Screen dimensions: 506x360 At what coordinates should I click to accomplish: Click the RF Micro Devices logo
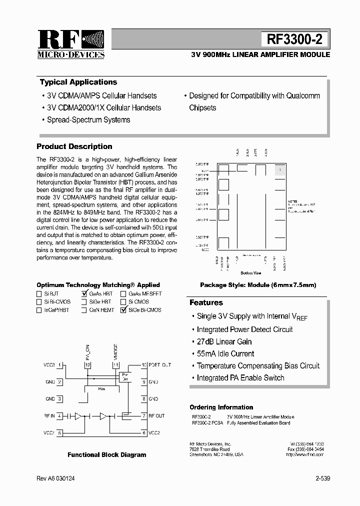pos(70,44)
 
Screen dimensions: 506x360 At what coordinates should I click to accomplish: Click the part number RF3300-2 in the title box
pos(294,39)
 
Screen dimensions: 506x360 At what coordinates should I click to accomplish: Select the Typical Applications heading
pos(78,82)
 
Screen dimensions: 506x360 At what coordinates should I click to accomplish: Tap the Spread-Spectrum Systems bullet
pos(88,120)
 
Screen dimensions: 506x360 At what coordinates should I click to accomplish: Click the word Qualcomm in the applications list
pos(303,95)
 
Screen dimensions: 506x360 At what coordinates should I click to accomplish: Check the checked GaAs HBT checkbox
pos(84,294)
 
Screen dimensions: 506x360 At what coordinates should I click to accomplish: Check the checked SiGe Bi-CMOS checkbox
pos(123,310)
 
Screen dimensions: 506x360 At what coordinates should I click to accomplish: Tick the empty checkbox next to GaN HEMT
pos(84,310)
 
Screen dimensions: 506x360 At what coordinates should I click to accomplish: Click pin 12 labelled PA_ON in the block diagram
pos(88,365)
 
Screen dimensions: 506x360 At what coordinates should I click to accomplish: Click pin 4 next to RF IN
pos(59,415)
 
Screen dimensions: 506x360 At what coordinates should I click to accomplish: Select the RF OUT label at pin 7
pos(156,415)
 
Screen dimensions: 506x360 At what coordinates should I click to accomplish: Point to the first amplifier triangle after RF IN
pos(78,415)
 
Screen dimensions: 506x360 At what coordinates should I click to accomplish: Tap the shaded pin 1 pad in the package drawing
pos(280,170)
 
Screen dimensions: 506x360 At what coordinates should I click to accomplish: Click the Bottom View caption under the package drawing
pos(250,273)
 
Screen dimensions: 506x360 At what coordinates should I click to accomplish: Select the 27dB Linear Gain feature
pos(224,342)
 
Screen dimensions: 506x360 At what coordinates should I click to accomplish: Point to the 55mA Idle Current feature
pos(225,354)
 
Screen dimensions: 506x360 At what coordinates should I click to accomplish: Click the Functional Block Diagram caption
pos(107,455)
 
